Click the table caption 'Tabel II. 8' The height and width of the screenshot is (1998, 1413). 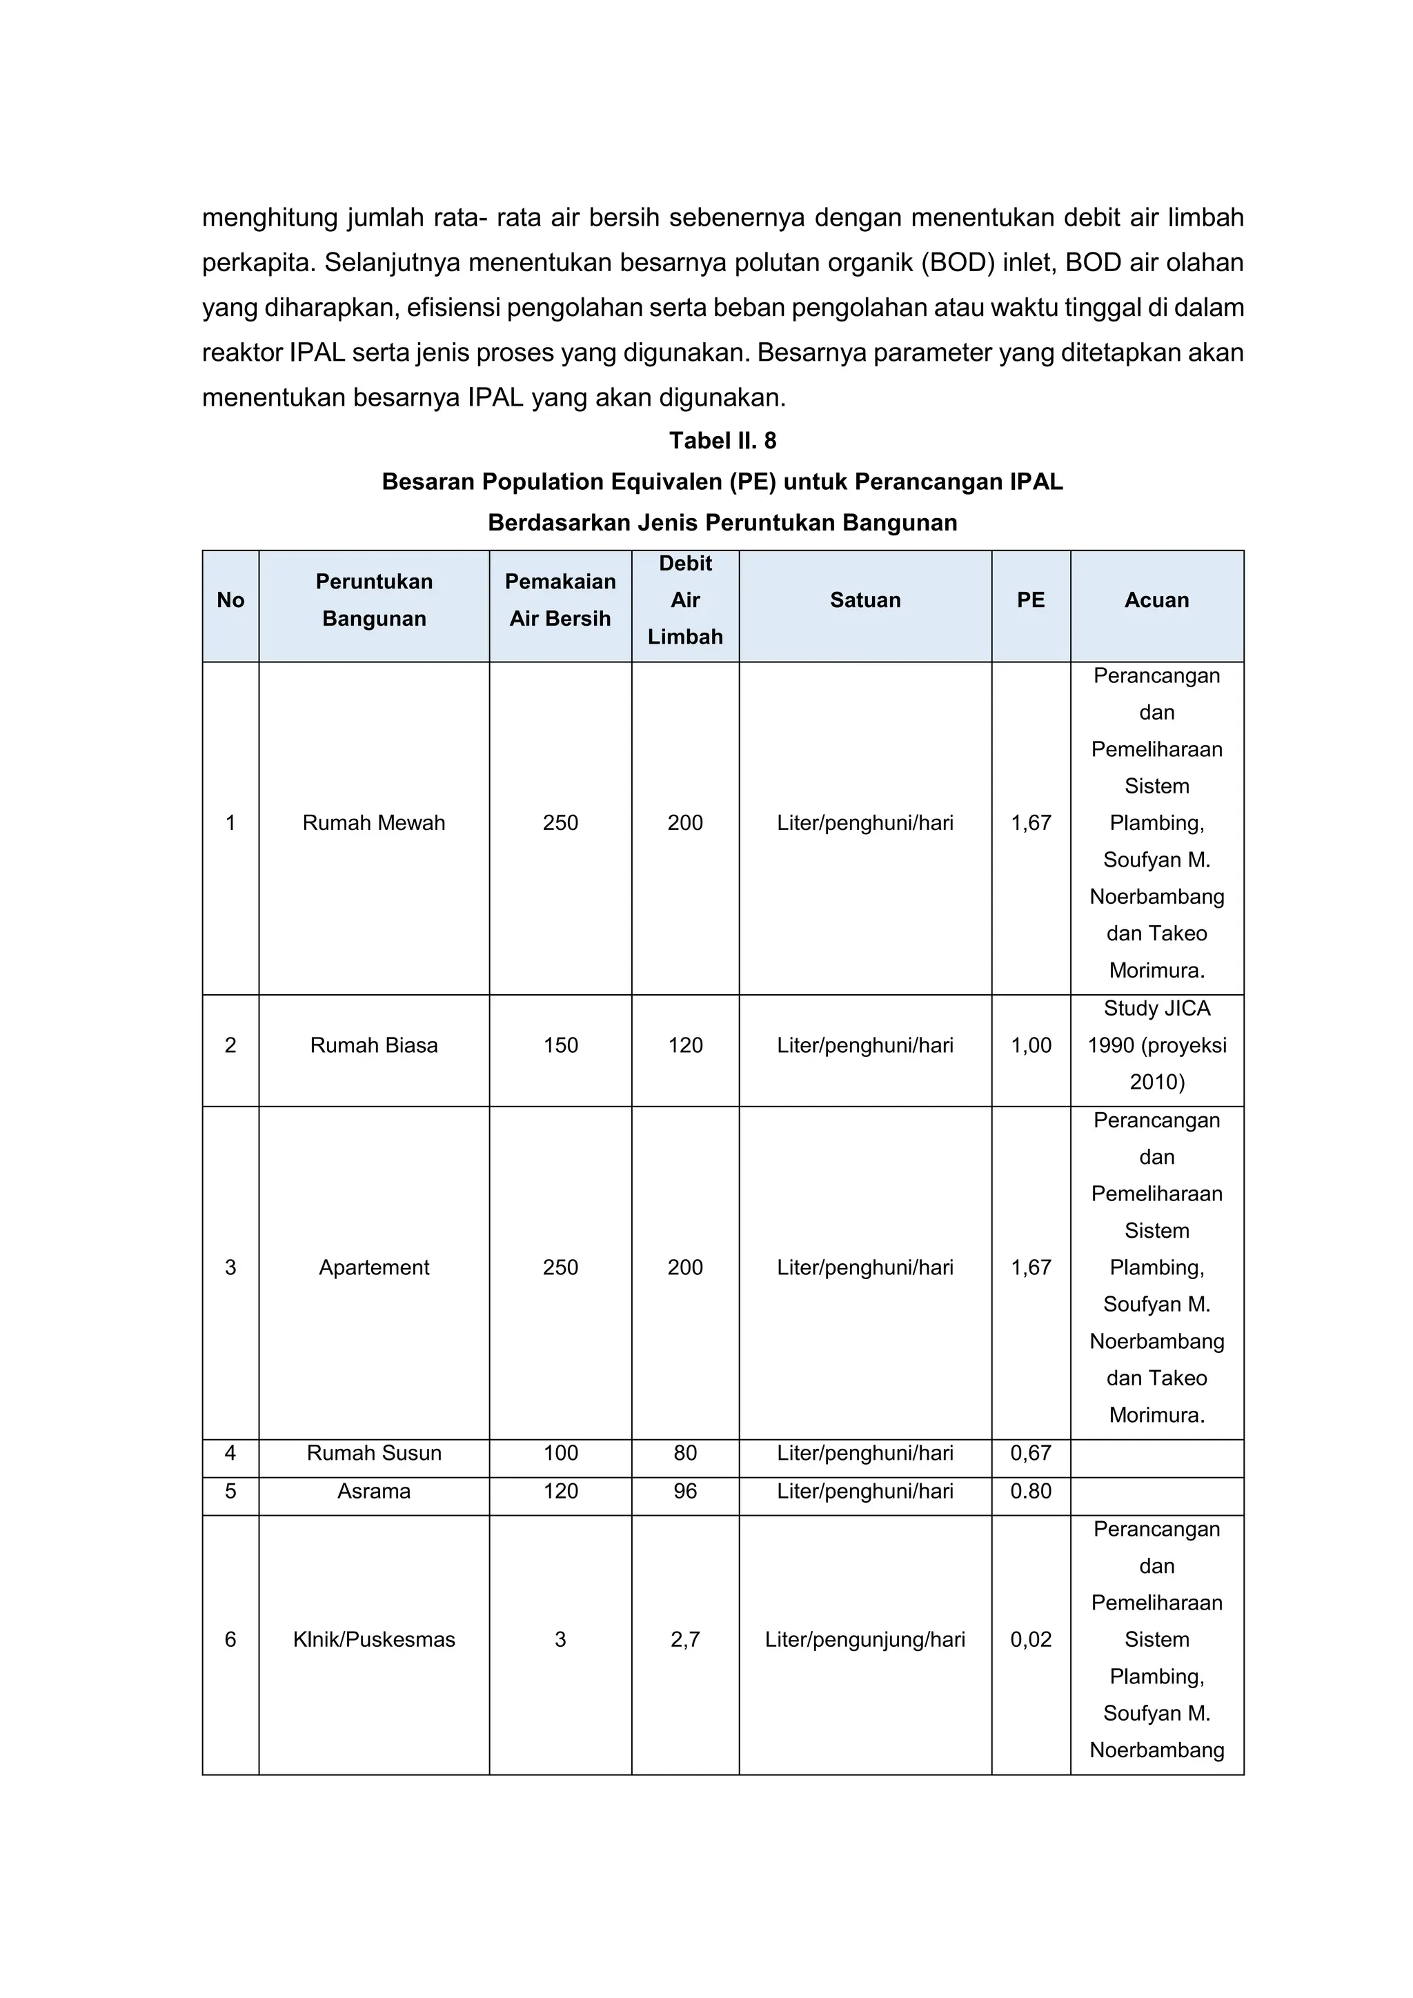point(722,441)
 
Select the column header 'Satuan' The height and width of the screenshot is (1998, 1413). point(865,600)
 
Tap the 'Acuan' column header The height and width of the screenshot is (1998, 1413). point(1156,600)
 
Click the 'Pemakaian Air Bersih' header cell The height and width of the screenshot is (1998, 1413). point(560,600)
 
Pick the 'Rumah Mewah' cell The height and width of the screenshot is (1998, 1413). point(373,823)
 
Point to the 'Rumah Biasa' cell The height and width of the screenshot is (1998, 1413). point(373,1046)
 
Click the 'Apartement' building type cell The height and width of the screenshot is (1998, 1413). point(373,1268)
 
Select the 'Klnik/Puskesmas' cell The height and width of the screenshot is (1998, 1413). point(373,1641)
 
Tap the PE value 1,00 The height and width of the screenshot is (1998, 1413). point(1030,1046)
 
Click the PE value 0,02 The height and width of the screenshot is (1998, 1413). point(1030,1641)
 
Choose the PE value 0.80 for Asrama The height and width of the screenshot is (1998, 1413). point(1030,1492)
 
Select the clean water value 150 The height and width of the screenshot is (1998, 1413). point(560,1046)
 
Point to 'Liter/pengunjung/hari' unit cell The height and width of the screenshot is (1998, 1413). point(865,1641)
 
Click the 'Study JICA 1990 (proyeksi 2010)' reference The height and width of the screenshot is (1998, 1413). point(1156,1046)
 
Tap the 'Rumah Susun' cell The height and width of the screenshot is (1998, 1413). point(373,1453)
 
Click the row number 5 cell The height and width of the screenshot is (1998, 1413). point(230,1492)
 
